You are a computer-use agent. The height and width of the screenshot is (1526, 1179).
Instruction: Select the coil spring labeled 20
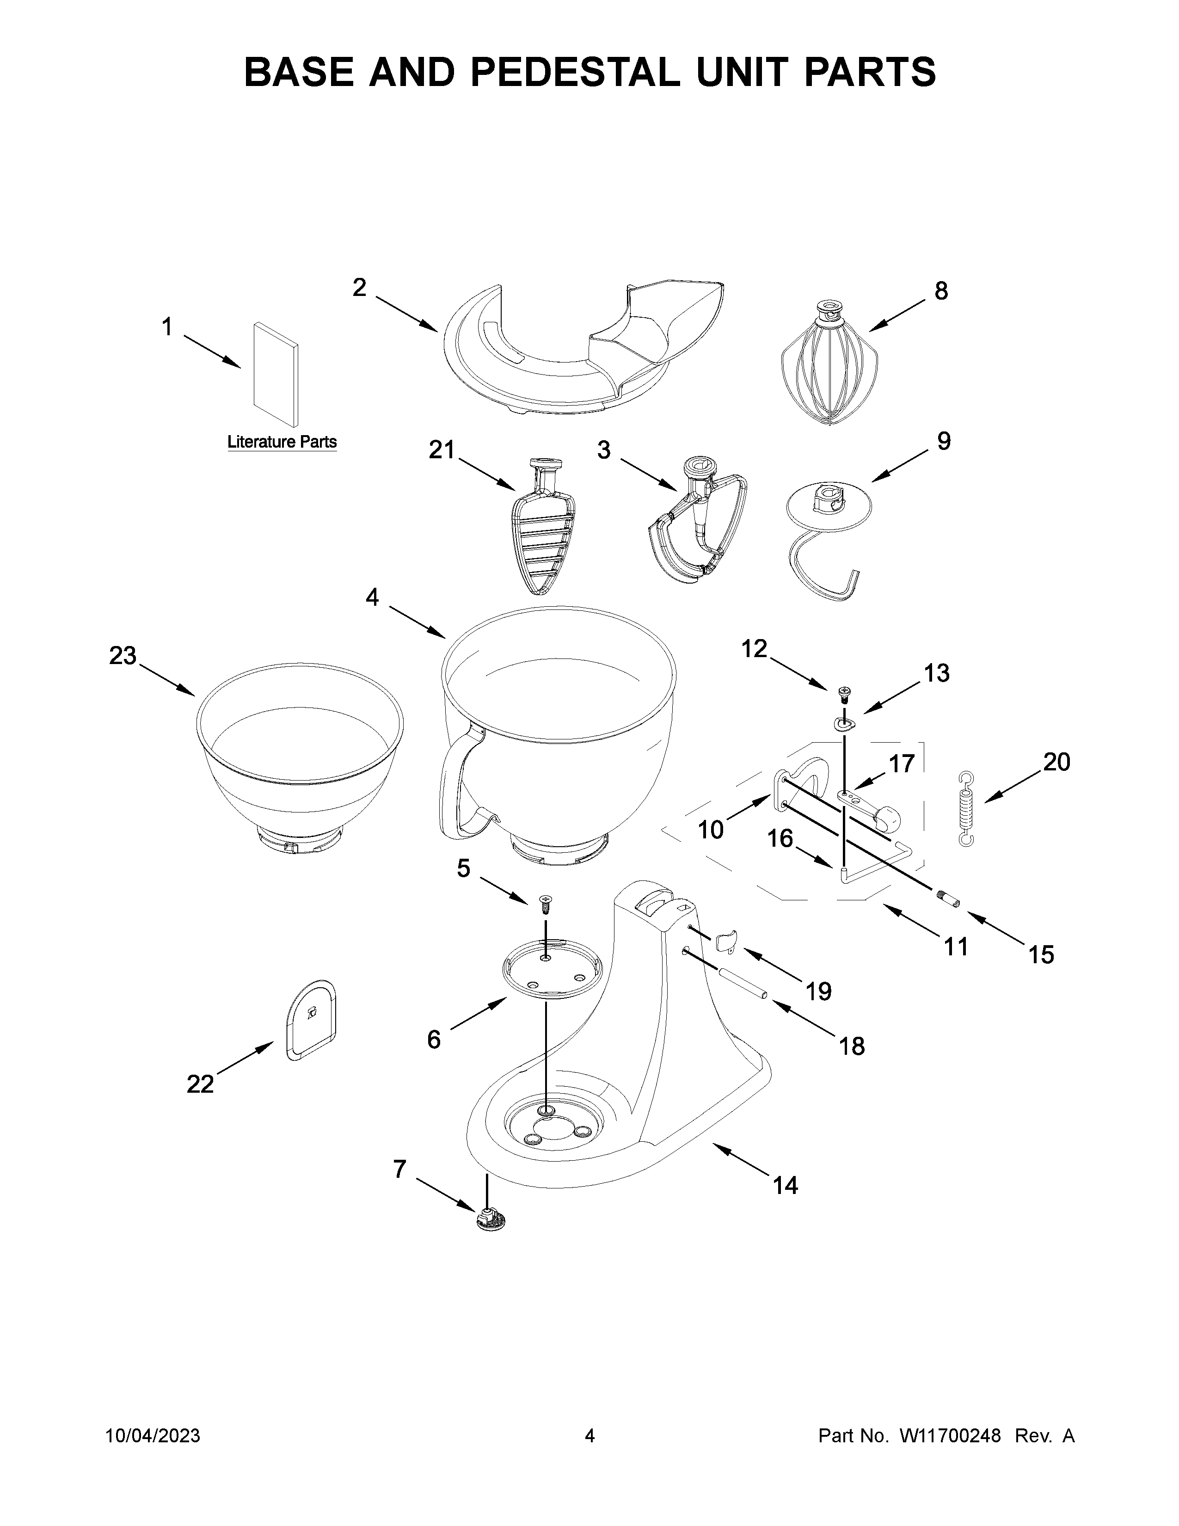[x=966, y=809]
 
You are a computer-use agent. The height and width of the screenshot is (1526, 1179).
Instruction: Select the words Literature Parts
[x=282, y=442]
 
